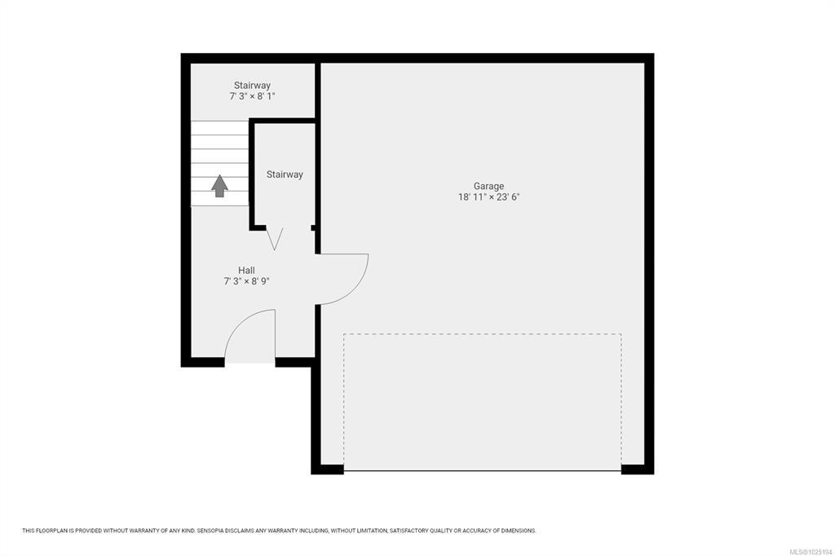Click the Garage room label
[488, 187]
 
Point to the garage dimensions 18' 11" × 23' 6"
[488, 197]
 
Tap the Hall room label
[246, 270]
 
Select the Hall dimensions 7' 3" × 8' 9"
[246, 281]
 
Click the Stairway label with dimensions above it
[253, 86]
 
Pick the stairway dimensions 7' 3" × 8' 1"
[253, 96]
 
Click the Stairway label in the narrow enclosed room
[285, 174]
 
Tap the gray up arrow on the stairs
[219, 186]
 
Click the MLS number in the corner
[811, 552]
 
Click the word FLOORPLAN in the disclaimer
[51, 531]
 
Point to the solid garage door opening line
[483, 470]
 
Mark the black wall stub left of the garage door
[328, 470]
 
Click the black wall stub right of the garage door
[638, 470]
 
